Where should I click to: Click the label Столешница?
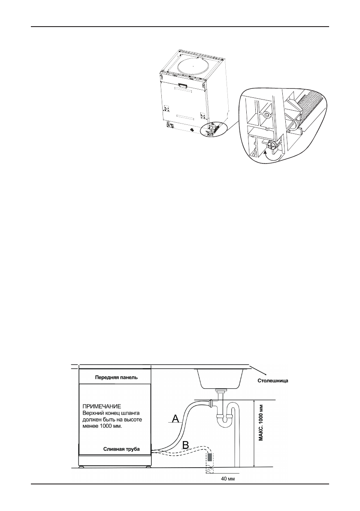pyautogui.click(x=272, y=380)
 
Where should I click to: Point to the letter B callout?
pyautogui.click(x=185, y=445)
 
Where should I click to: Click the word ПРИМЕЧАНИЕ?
pyautogui.click(x=101, y=405)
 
